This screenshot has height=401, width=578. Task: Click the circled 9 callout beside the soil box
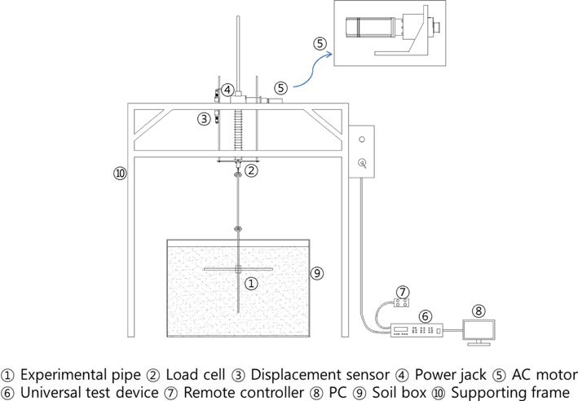318,273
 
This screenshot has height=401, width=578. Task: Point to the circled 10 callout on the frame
121,173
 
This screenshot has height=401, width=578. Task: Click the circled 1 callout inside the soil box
252,284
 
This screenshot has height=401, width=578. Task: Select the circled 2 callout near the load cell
252,170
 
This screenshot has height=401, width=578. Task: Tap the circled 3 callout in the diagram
203,119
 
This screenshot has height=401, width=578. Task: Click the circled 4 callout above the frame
228,90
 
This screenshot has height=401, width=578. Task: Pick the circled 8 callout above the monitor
479,310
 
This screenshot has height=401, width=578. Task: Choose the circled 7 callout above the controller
401,291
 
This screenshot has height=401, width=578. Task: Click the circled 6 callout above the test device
424,315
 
